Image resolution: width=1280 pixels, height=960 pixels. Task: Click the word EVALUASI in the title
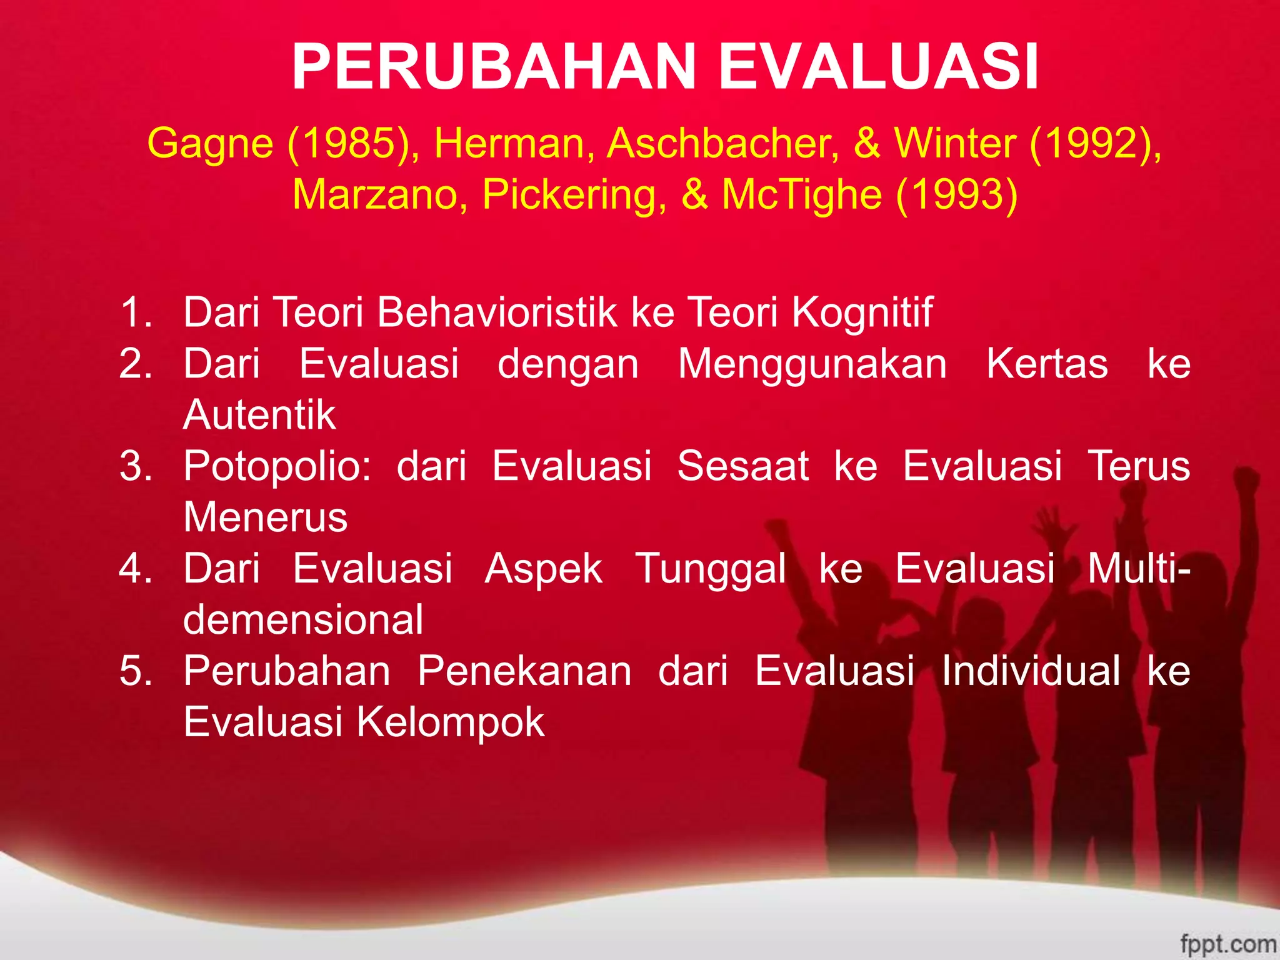(x=879, y=67)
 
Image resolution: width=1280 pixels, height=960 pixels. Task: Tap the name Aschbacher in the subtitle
(x=723, y=143)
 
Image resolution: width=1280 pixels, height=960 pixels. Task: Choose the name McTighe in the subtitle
(x=802, y=194)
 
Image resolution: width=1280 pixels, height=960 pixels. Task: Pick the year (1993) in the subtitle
(x=957, y=194)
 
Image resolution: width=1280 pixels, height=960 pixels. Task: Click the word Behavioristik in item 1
(x=497, y=312)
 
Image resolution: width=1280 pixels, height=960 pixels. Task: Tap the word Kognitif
(x=862, y=312)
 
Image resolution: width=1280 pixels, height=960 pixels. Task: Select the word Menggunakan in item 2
(x=812, y=363)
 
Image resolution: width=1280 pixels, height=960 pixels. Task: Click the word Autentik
(x=259, y=414)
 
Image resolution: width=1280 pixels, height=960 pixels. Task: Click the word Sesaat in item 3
(x=743, y=466)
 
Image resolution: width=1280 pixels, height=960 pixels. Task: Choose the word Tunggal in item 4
(x=711, y=569)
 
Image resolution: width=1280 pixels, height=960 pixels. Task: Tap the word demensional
(x=303, y=619)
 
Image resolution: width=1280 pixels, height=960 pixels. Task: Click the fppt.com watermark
(x=1228, y=943)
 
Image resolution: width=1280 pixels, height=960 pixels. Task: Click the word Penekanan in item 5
(x=524, y=671)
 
